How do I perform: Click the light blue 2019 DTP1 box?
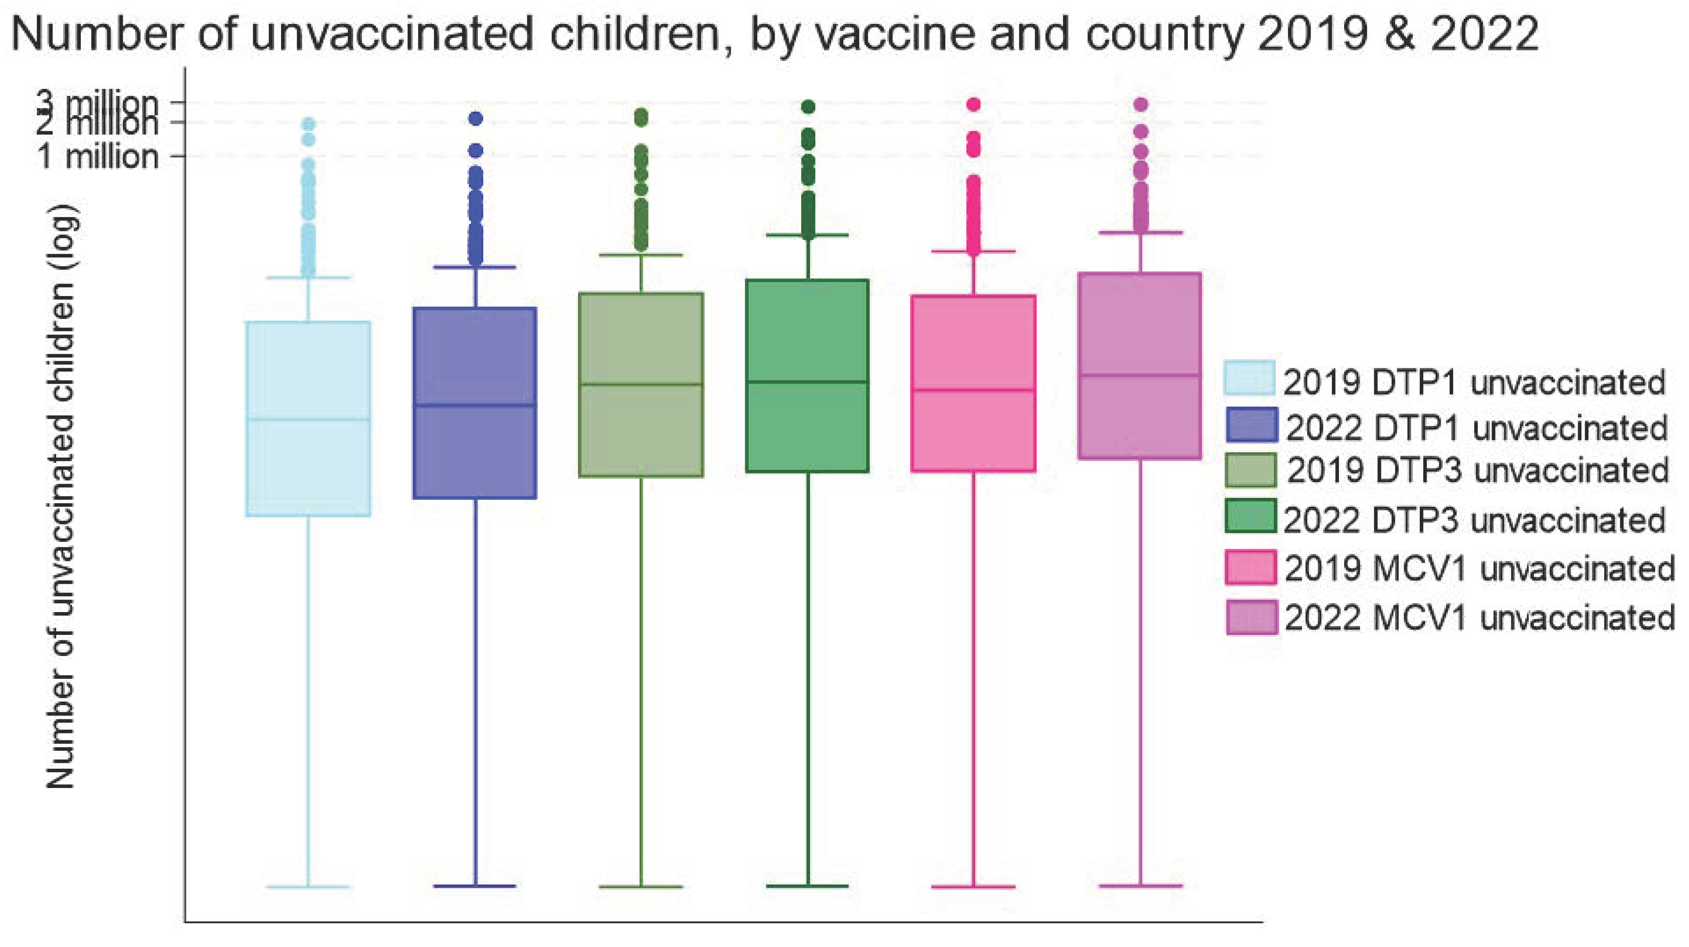pyautogui.click(x=308, y=459)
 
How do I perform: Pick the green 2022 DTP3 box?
pyautogui.click(x=807, y=426)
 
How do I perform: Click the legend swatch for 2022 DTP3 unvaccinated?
pyautogui.click(x=1250, y=516)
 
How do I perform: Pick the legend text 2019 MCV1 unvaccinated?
pyautogui.click(x=1479, y=568)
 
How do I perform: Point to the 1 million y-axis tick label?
pyautogui.click(x=98, y=157)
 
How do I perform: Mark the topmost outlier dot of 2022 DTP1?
pyautogui.click(x=475, y=119)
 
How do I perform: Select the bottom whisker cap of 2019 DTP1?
pyautogui.click(x=308, y=887)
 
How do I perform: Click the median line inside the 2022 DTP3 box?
pyautogui.click(x=807, y=382)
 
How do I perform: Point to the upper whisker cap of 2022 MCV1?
pyautogui.click(x=1140, y=232)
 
